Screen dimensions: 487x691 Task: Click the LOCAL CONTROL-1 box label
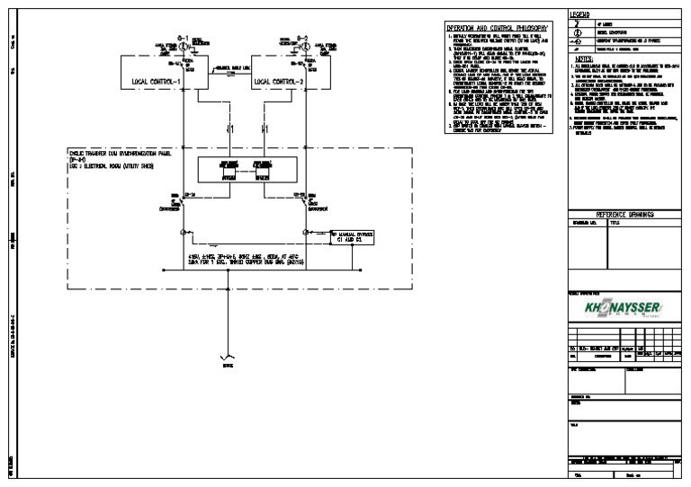pyautogui.click(x=157, y=82)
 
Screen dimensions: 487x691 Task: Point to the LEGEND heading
pyautogui.click(x=580, y=15)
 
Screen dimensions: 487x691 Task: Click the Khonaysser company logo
pyautogui.click(x=622, y=310)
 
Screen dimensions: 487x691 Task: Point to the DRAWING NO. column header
pyautogui.click(x=585, y=222)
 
